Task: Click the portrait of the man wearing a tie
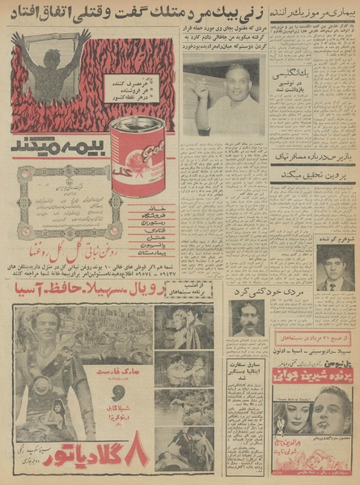coord(334,267)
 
